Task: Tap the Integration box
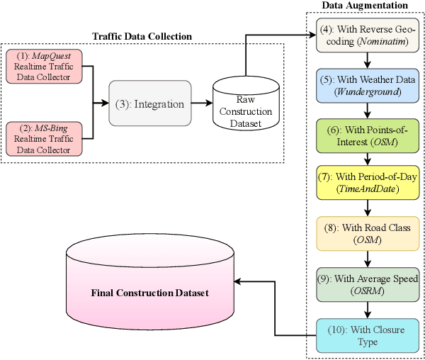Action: click(150, 104)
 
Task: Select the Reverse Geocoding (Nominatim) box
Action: click(367, 35)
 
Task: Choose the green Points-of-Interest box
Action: click(367, 134)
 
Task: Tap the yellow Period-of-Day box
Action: click(367, 183)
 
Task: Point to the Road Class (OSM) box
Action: click(367, 233)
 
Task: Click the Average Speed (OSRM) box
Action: click(367, 283)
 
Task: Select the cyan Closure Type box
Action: click(367, 334)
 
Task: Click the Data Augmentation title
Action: click(365, 6)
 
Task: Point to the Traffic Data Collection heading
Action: click(142, 36)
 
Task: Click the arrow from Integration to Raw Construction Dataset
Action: click(201, 104)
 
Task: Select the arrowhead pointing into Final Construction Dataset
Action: click(239, 283)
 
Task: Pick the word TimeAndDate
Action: click(367, 190)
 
